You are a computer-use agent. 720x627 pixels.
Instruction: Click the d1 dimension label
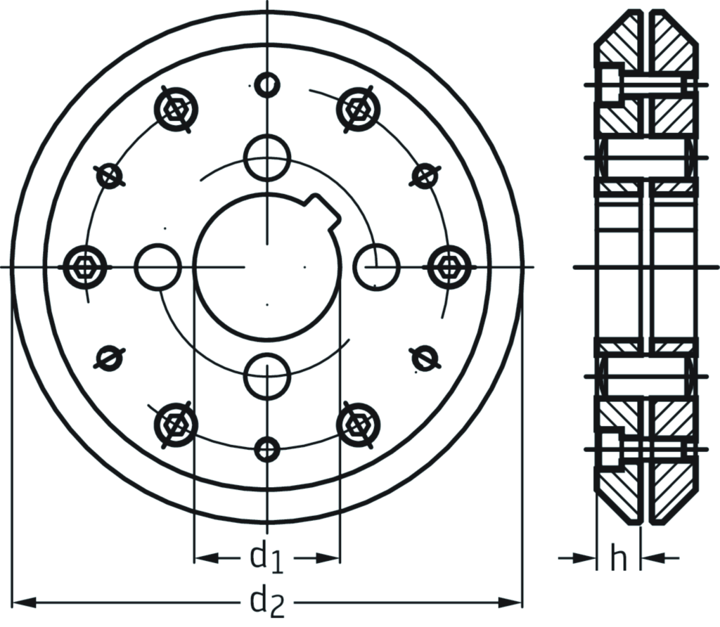point(266,558)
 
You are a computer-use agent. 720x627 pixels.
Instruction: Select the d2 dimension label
point(268,602)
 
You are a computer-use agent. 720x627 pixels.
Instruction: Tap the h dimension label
point(618,559)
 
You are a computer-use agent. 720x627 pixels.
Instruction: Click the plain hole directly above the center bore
point(267,158)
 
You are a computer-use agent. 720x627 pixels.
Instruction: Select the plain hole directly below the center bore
point(267,376)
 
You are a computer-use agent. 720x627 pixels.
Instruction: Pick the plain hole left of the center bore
point(158,267)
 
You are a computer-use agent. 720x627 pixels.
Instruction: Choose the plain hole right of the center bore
point(376,267)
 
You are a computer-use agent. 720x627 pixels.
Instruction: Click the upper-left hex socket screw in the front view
point(175,109)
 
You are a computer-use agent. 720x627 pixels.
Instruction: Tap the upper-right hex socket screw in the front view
point(359,109)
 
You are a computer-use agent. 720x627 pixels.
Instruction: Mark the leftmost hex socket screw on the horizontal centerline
point(85,267)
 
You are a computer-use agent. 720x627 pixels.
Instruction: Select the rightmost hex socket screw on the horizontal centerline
point(449,267)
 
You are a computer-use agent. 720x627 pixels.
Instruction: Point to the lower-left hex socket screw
point(175,425)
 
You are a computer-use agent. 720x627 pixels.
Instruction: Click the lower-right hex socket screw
point(359,425)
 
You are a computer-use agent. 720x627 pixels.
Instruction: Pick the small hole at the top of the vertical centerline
point(267,85)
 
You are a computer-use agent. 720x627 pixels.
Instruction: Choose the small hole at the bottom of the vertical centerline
point(267,448)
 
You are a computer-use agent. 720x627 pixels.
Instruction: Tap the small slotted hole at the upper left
point(109,176)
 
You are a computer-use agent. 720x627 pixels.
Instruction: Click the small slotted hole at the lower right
point(424,358)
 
